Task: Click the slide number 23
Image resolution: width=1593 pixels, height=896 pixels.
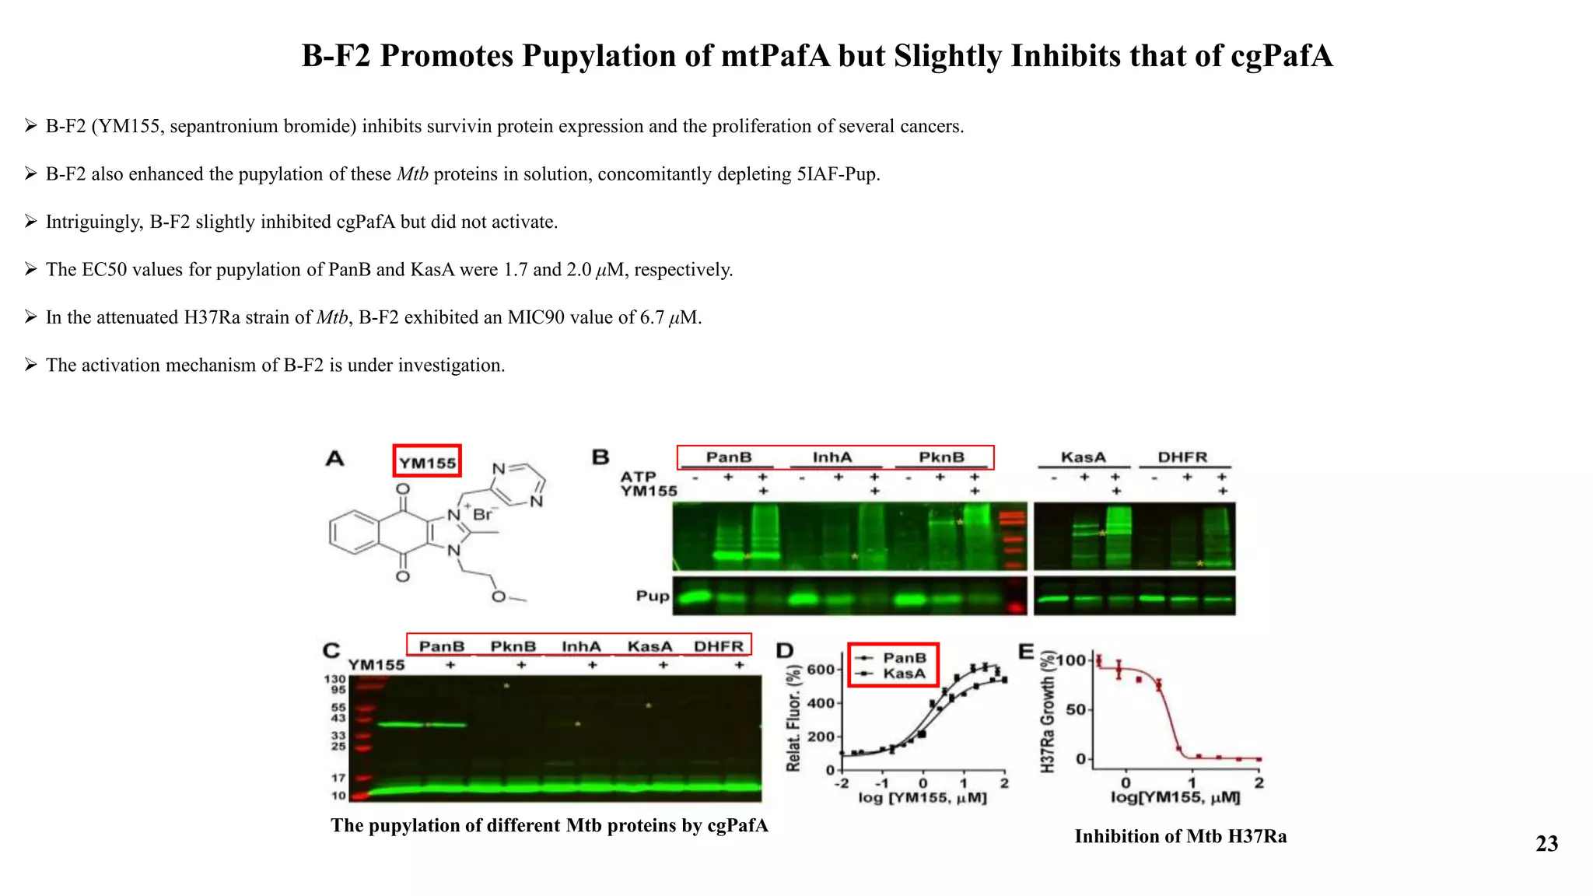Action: (1546, 844)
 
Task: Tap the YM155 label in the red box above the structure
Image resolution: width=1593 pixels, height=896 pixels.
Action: (427, 463)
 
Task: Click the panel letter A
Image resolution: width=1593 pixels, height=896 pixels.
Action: (334, 459)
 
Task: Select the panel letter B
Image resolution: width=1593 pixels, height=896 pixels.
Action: (600, 457)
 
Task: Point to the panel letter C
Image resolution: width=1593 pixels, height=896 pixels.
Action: (331, 650)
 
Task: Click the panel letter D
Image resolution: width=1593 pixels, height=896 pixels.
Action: (785, 651)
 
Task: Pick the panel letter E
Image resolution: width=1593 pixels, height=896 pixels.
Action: (1027, 651)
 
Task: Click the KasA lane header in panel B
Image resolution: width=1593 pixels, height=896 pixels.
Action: (1083, 457)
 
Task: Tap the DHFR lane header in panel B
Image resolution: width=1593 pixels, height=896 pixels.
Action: (1182, 457)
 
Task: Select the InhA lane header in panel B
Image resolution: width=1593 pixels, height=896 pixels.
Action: (832, 457)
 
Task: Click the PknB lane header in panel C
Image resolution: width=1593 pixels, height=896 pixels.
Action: (513, 646)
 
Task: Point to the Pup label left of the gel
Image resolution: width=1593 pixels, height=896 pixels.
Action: (652, 596)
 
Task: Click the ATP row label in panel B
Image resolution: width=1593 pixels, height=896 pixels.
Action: (638, 476)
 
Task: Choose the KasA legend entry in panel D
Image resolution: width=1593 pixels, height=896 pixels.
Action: (904, 674)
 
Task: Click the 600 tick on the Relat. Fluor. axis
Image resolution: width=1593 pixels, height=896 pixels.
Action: (821, 670)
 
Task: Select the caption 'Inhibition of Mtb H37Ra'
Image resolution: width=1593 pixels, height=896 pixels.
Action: (1180, 836)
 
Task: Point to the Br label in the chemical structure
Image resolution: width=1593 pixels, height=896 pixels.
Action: (483, 515)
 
